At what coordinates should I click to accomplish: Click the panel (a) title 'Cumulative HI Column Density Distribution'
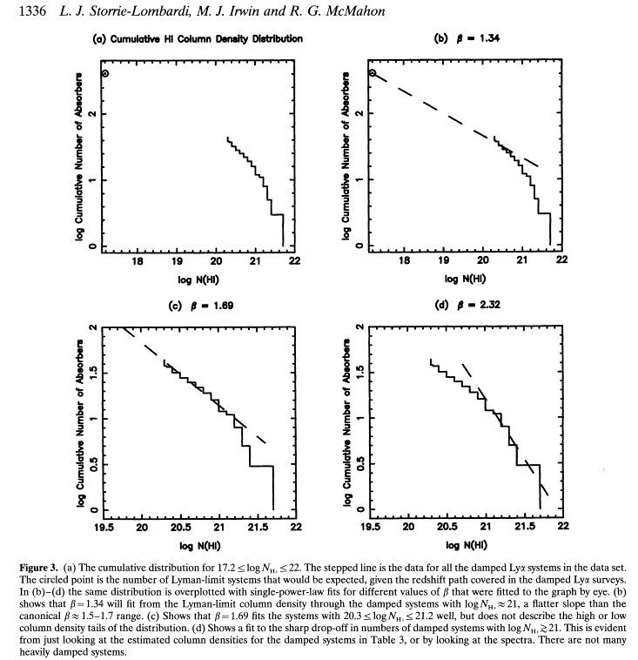click(198, 39)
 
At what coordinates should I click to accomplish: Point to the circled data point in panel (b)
click(373, 74)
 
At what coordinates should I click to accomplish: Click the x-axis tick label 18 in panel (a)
click(137, 259)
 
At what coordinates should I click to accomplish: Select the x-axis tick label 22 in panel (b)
click(561, 259)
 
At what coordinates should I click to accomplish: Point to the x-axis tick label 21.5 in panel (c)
click(257, 526)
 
